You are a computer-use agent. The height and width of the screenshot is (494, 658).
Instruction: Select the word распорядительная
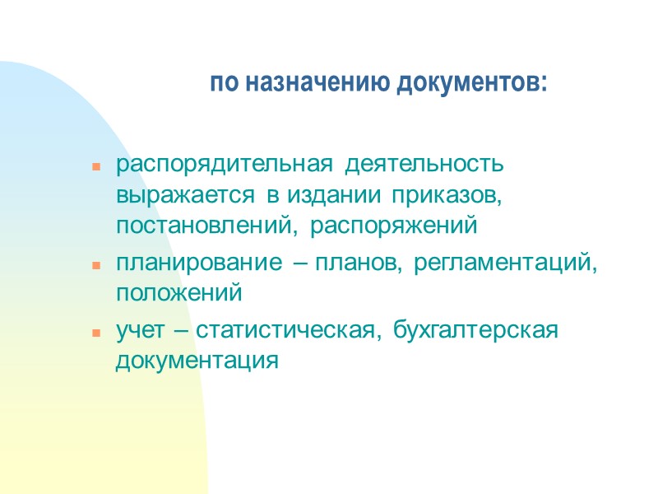click(x=225, y=164)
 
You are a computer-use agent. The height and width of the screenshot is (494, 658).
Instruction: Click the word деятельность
click(x=424, y=164)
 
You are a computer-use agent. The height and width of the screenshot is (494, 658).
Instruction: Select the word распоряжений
click(x=396, y=224)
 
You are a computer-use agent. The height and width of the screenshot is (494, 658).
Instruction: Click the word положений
click(x=178, y=293)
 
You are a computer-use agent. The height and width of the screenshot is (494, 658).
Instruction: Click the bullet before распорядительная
click(x=96, y=167)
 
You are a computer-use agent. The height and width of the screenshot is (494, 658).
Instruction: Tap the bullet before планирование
click(x=96, y=266)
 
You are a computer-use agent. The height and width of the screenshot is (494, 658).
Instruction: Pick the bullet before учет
click(x=96, y=334)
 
